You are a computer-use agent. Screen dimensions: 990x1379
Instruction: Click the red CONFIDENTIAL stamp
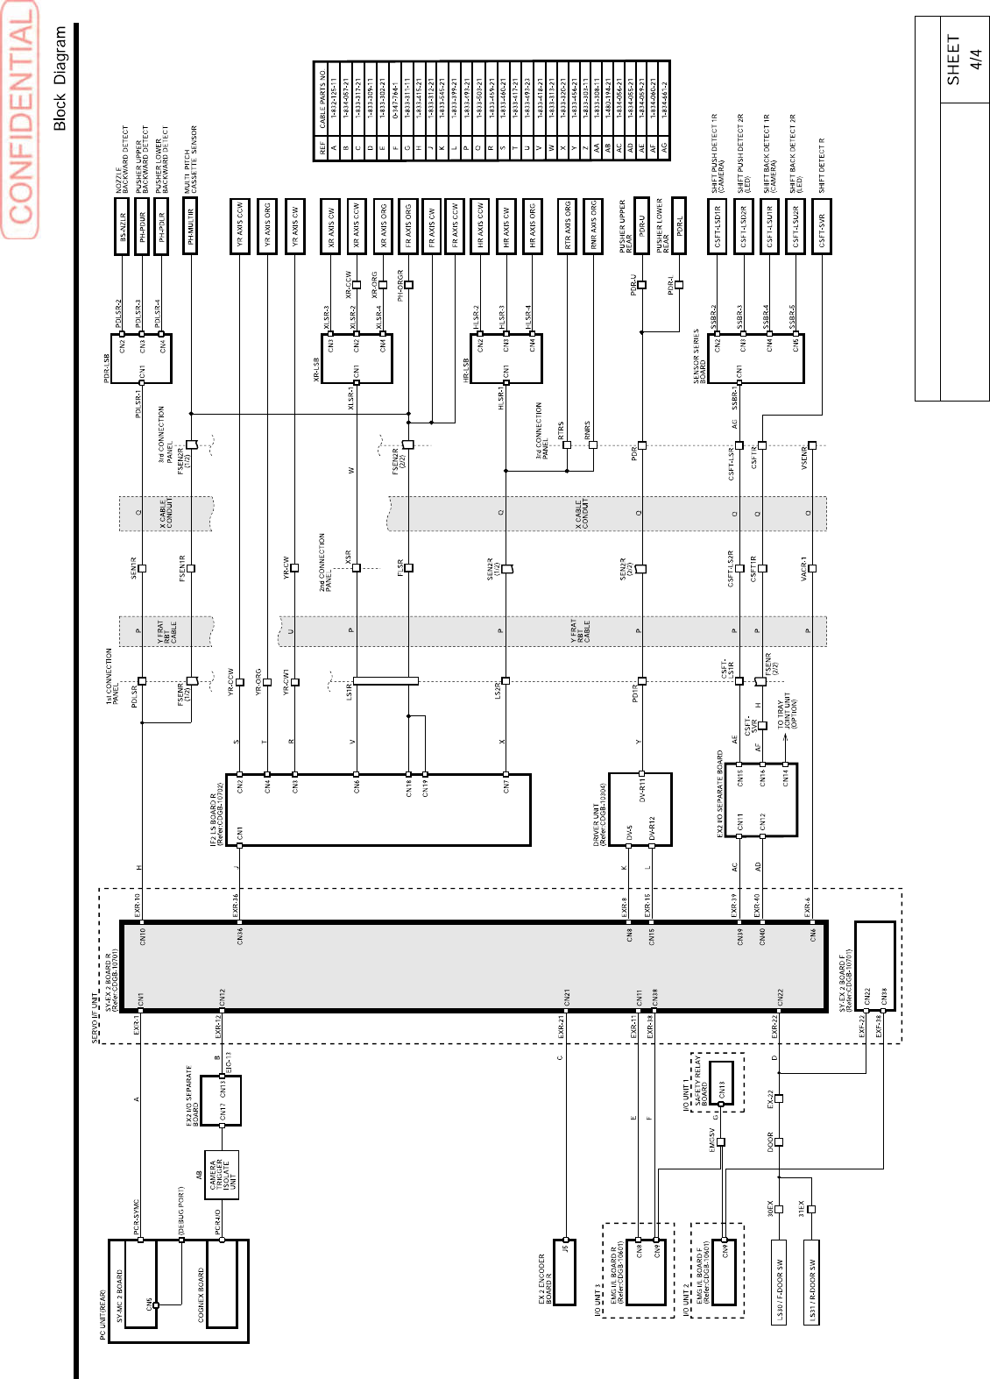coord(20,119)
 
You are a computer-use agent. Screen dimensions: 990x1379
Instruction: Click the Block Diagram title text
coord(60,78)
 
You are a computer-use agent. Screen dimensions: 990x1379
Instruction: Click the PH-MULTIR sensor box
coord(190,226)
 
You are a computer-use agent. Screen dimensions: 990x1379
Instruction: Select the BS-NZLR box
coord(123,226)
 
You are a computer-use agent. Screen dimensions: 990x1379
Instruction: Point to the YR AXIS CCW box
coord(239,226)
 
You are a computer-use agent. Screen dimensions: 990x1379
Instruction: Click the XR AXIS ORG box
coord(382,226)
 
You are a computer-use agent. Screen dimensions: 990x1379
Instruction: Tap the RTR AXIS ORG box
coord(568,226)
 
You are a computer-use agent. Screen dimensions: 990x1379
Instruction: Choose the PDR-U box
coord(641,226)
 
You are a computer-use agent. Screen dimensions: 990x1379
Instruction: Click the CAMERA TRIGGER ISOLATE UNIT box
coord(222,1176)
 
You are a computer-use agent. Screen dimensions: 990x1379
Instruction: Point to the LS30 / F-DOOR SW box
coord(779,1281)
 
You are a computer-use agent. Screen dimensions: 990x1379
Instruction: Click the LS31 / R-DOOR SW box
coord(812,1281)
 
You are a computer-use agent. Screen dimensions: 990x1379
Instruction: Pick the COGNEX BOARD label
coord(202,1294)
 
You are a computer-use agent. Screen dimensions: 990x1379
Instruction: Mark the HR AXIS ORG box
coord(532,226)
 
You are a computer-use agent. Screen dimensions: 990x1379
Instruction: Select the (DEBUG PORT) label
coord(181,1210)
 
